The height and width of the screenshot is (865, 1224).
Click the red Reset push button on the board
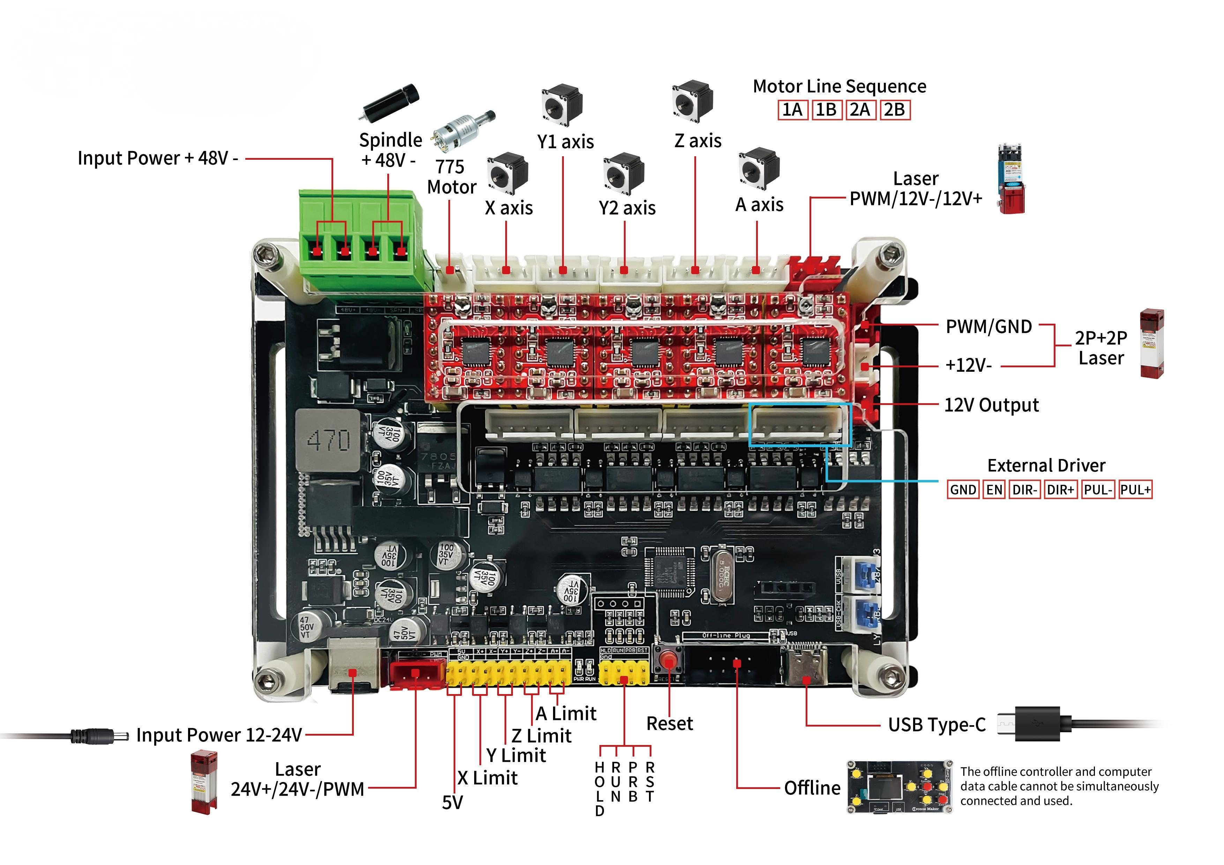[669, 662]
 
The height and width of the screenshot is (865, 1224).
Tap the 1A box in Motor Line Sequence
[792, 110]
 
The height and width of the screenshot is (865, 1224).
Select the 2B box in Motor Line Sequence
[895, 110]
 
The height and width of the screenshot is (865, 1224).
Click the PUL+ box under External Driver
[1135, 490]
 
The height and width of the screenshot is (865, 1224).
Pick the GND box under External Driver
[963, 490]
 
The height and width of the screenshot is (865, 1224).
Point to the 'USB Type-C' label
[936, 725]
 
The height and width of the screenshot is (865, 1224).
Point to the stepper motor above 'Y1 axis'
[562, 104]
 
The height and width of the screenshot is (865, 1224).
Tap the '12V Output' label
[991, 405]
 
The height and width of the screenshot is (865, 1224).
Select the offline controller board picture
[900, 787]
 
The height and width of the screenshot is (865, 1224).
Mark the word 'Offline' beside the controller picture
[812, 788]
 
